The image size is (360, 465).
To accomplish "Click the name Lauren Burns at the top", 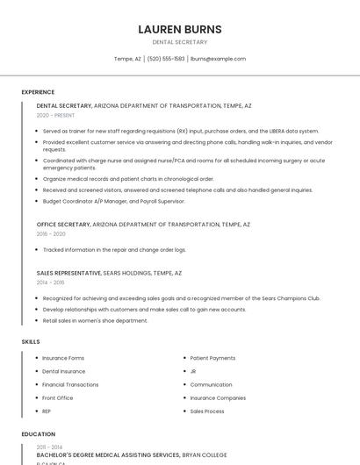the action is pyautogui.click(x=180, y=29).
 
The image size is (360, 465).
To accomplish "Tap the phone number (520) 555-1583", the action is pyautogui.click(x=166, y=59).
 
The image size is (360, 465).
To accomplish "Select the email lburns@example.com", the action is pyautogui.click(x=218, y=59).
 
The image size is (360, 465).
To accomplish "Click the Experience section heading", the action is pyautogui.click(x=38, y=92).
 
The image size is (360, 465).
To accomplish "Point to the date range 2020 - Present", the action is pyautogui.click(x=55, y=115).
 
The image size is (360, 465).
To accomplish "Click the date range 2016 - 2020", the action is pyautogui.click(x=51, y=234).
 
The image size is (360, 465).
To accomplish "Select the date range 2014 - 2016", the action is pyautogui.click(x=50, y=283).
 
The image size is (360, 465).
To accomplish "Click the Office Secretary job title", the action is pyautogui.click(x=63, y=225).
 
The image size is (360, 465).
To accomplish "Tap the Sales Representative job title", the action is pyautogui.click(x=68, y=273).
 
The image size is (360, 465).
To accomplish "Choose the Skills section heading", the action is pyautogui.click(x=31, y=341).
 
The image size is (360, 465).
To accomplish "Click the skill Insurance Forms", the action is pyautogui.click(x=63, y=358).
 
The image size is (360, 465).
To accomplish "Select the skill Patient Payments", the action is pyautogui.click(x=212, y=358).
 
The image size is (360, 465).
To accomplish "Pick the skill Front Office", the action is pyautogui.click(x=59, y=397).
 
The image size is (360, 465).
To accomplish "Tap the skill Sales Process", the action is pyautogui.click(x=207, y=411).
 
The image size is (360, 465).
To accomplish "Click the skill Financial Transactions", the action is pyautogui.click(x=70, y=384).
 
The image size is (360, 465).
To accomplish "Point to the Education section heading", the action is pyautogui.click(x=39, y=434).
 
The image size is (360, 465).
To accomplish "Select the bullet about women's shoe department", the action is pyautogui.click(x=95, y=320).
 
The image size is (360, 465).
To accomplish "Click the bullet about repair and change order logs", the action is pyautogui.click(x=114, y=249).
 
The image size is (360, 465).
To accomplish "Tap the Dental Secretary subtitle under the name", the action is pyautogui.click(x=180, y=42).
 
